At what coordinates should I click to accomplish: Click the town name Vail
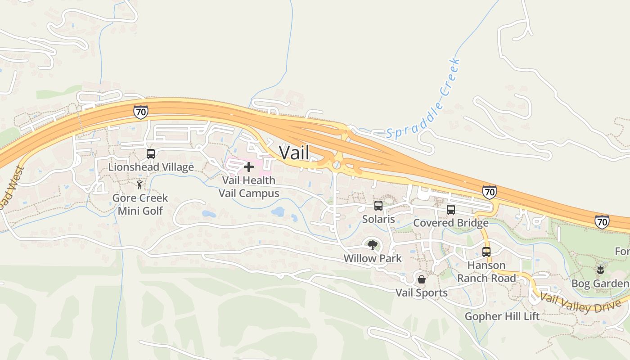tap(294, 152)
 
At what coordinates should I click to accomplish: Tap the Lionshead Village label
tap(151, 167)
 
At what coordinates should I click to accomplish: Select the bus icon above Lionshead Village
tap(151, 154)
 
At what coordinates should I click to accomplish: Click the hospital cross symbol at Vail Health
tap(248, 167)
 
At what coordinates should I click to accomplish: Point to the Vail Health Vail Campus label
tap(248, 187)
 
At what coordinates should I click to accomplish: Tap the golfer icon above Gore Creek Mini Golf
tap(139, 184)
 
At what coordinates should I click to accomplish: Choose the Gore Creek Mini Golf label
tap(139, 204)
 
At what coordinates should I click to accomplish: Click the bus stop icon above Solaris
tap(378, 206)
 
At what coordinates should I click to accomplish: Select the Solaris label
tap(378, 219)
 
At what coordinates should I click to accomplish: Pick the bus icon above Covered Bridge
tap(451, 210)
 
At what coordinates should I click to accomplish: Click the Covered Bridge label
tap(451, 223)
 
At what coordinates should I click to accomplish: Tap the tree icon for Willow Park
tap(372, 245)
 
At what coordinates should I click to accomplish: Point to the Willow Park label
tap(372, 259)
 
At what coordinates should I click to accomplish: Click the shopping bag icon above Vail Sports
tap(422, 279)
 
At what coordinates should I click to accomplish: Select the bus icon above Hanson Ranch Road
tap(486, 252)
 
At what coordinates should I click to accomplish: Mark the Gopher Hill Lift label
tap(502, 316)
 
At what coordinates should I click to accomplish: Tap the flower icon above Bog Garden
tap(600, 270)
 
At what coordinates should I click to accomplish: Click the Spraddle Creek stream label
tap(424, 100)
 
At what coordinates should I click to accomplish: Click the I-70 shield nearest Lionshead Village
tap(140, 112)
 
